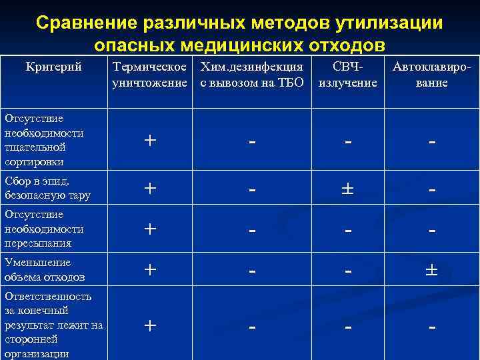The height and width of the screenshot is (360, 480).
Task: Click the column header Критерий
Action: coord(53,67)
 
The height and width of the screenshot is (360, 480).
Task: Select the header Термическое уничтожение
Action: coord(150,75)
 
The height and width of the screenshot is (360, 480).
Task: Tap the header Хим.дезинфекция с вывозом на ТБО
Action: coord(252,75)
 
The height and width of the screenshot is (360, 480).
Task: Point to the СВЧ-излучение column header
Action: coord(348,75)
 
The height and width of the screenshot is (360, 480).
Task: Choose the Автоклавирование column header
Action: coord(432,75)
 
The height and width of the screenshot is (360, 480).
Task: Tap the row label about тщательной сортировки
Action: coord(44,140)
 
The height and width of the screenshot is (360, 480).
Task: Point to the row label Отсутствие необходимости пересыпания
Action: coord(44,229)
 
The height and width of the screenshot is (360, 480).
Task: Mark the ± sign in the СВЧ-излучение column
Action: coord(348,189)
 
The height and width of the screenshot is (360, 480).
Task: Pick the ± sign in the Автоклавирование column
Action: coord(432,270)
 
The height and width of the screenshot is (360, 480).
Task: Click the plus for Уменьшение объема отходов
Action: coord(150,270)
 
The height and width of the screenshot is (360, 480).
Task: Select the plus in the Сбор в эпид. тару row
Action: coord(150,189)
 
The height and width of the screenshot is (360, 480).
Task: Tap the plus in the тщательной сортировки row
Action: coord(150,141)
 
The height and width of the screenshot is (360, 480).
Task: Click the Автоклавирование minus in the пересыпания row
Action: coord(432,230)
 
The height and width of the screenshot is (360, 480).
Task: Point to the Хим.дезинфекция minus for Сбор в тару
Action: coord(252,190)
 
